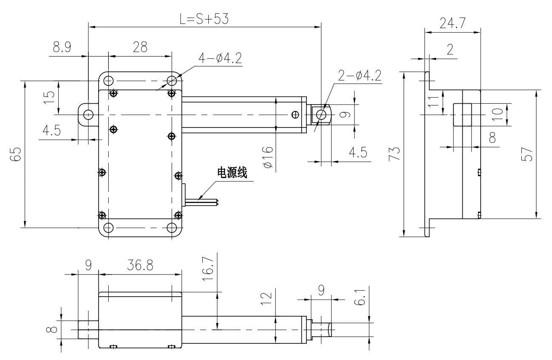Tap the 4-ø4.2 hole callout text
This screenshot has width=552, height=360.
point(220,59)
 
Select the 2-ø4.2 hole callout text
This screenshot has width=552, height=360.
point(359,76)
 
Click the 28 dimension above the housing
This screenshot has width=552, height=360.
point(140,47)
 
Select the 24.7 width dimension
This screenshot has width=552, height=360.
point(452,24)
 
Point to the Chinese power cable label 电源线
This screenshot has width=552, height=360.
point(232,172)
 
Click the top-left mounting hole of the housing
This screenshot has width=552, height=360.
point(108,80)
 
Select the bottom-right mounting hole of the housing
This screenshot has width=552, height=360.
point(172,228)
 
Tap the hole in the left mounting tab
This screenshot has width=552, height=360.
point(88,115)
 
